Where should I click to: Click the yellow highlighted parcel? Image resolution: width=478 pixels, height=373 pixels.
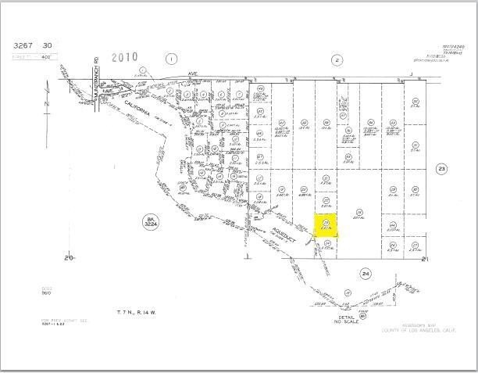click(x=326, y=224)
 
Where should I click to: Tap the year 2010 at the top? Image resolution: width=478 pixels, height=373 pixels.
click(x=125, y=56)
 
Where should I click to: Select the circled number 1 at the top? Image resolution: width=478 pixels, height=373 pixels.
click(x=173, y=59)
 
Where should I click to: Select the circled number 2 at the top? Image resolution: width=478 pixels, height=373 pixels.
click(x=337, y=59)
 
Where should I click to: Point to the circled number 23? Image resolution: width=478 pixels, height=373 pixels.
click(x=441, y=169)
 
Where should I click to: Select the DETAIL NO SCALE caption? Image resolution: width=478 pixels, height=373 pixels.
click(x=345, y=320)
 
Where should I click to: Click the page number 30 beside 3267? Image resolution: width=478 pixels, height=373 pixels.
click(x=48, y=46)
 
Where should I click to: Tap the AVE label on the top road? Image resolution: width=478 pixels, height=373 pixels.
click(x=193, y=75)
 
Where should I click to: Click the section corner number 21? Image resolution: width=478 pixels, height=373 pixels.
click(x=425, y=259)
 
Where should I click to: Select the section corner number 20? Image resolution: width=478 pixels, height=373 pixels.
click(x=69, y=257)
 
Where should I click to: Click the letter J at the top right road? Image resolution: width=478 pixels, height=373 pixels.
click(x=411, y=75)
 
